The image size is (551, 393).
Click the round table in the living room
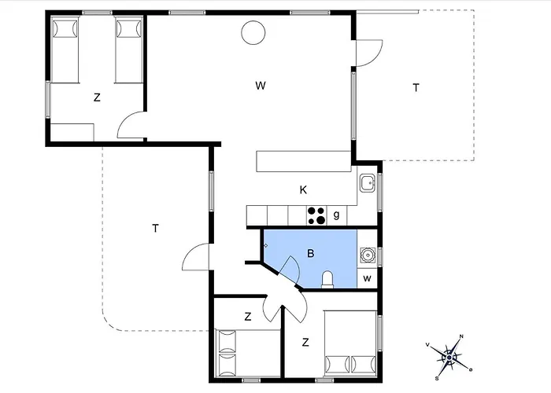(253, 33)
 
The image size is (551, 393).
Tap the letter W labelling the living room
(261, 86)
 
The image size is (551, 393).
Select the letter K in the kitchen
(303, 190)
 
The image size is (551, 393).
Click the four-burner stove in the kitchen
(316, 215)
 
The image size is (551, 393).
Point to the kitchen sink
(368, 183)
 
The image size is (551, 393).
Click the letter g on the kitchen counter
(336, 215)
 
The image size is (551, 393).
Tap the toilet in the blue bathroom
(327, 279)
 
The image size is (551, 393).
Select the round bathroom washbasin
(368, 255)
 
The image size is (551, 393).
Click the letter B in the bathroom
(310, 253)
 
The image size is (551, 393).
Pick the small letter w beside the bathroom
(368, 278)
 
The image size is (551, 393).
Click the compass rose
(449, 357)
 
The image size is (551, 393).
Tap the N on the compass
(461, 336)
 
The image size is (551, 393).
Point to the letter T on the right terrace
(416, 87)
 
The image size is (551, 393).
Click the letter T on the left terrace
(155, 229)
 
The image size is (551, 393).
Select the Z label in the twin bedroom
(97, 97)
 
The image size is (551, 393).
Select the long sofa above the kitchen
(304, 161)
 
